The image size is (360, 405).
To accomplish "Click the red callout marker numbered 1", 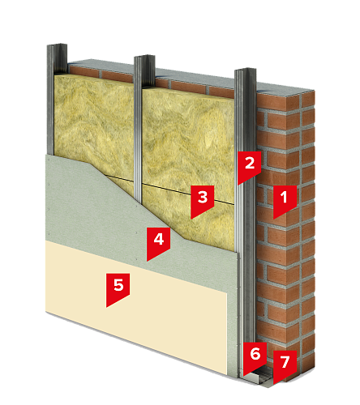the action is pyautogui.click(x=285, y=200).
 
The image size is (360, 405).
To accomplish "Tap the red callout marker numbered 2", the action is pyautogui.click(x=249, y=166).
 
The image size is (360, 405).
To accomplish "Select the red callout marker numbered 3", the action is pyautogui.click(x=202, y=200).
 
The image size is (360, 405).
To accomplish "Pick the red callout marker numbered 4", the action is pyautogui.click(x=158, y=242).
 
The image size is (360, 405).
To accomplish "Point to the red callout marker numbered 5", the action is pyautogui.click(x=118, y=288).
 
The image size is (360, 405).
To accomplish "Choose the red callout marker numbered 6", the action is pyautogui.click(x=255, y=356).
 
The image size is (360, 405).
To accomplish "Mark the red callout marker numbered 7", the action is pyautogui.click(x=285, y=364).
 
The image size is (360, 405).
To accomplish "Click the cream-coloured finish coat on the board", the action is pyautogui.click(x=135, y=305).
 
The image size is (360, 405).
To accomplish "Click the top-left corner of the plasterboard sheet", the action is pyautogui.click(x=46, y=155).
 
